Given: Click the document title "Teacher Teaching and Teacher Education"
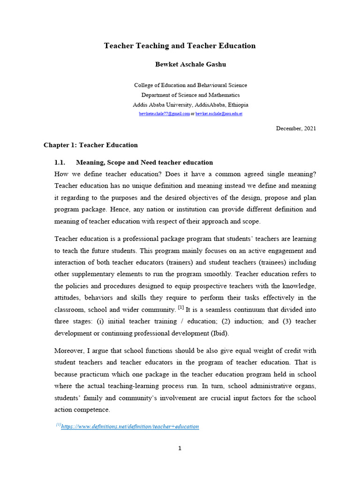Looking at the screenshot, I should click(180, 46).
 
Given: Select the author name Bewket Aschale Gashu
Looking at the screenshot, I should click(190, 65).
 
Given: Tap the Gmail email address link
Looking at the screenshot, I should click(165, 114).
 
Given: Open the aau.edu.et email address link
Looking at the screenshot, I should click(219, 114).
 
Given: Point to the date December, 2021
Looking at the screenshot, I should click(296, 128).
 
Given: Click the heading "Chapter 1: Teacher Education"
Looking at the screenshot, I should click(90, 145).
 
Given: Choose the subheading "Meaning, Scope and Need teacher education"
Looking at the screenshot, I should click(144, 163).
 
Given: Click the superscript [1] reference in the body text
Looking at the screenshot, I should click(180, 307).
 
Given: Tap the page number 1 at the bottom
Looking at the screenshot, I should click(180, 448).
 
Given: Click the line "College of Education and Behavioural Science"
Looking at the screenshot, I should click(190, 85).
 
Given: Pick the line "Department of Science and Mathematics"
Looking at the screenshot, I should click(190, 95).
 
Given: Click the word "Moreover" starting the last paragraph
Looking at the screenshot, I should click(69, 350).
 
